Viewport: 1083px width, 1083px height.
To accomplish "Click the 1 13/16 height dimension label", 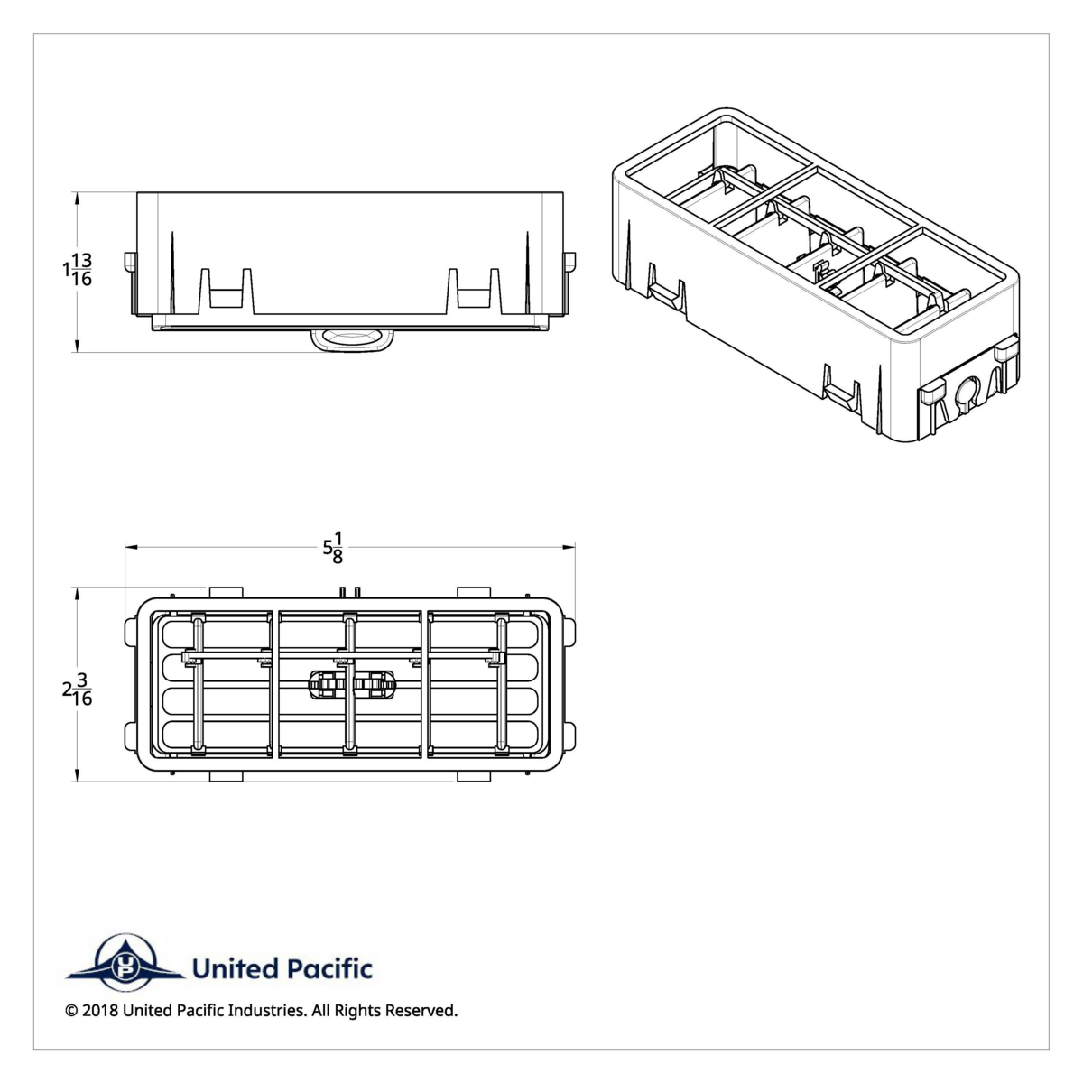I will click(x=78, y=270).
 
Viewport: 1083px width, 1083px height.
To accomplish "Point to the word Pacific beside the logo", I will click(x=329, y=969).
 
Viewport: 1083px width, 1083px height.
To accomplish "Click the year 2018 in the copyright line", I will click(x=99, y=1011).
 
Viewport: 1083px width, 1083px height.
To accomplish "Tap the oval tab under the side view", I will click(x=353, y=339).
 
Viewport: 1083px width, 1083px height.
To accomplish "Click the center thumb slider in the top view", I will click(x=352, y=686).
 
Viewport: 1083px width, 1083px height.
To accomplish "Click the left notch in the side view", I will click(x=225, y=289).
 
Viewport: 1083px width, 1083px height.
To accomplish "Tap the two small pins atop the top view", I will click(x=350, y=591).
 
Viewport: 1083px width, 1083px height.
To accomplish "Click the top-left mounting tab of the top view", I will click(x=226, y=592).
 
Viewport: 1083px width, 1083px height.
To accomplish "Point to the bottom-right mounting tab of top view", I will click(x=473, y=776).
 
